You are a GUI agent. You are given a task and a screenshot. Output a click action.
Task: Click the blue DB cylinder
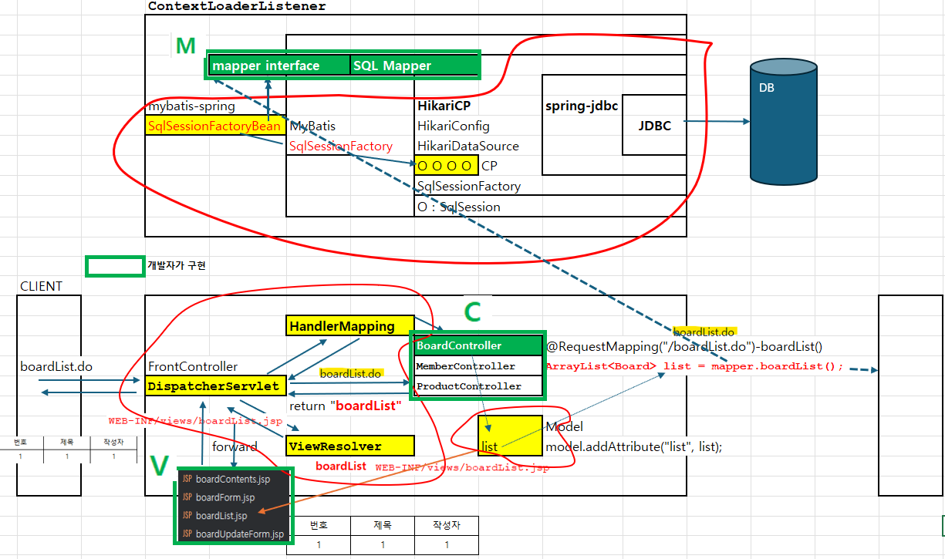[784, 122]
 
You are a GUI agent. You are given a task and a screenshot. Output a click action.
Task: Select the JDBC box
[654, 125]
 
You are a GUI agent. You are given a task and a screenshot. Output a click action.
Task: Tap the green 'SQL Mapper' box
[414, 66]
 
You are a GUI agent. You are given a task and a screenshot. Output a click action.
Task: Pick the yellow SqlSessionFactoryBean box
[215, 126]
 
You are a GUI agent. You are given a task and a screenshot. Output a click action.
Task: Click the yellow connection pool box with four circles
[447, 165]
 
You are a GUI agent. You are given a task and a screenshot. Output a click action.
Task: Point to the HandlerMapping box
[350, 326]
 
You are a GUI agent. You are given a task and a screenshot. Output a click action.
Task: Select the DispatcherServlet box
[215, 386]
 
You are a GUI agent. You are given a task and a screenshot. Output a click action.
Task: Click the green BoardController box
[478, 345]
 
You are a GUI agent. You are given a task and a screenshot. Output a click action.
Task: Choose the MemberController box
[478, 366]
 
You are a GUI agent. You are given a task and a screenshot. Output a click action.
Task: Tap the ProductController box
[478, 386]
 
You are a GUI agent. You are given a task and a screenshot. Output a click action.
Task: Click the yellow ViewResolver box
[350, 446]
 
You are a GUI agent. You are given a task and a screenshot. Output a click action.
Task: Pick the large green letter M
[186, 45]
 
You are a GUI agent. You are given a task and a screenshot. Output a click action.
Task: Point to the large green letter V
[160, 466]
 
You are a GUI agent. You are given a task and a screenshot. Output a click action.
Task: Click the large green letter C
[472, 312]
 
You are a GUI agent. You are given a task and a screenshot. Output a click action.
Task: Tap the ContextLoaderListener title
[237, 6]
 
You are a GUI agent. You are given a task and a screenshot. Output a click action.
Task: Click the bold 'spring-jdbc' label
[582, 106]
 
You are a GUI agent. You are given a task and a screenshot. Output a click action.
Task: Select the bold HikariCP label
[444, 106]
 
